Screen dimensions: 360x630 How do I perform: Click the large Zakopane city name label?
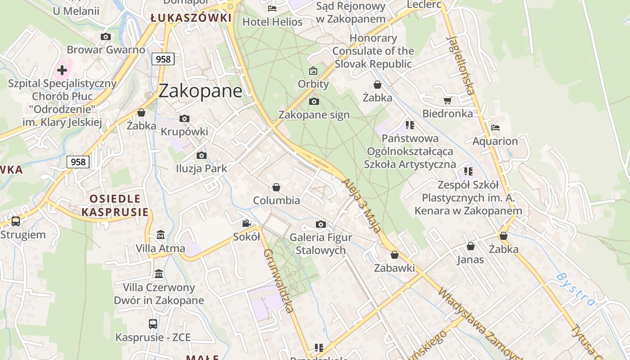click(x=200, y=91)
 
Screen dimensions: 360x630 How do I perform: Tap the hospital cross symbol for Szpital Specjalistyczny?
click(x=62, y=70)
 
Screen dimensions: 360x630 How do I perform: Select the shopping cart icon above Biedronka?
click(x=447, y=100)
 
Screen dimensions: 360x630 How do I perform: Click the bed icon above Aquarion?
click(x=495, y=128)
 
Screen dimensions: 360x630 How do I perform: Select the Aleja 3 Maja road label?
click(x=361, y=205)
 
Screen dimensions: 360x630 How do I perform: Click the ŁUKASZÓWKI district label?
click(x=191, y=18)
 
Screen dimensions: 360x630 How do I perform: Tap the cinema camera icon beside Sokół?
click(x=246, y=223)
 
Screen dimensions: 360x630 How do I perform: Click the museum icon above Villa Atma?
click(x=160, y=235)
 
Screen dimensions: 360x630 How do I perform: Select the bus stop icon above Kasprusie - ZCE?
click(x=153, y=324)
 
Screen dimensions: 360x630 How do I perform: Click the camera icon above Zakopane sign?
click(x=314, y=101)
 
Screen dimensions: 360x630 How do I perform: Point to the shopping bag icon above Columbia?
click(x=276, y=187)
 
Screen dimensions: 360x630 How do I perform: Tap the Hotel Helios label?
click(x=272, y=22)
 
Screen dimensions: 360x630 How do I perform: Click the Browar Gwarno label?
click(x=106, y=49)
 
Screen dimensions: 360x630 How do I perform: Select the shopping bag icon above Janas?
click(x=470, y=246)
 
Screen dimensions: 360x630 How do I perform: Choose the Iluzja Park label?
click(x=201, y=168)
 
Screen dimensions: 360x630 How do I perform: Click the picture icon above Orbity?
click(x=313, y=71)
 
